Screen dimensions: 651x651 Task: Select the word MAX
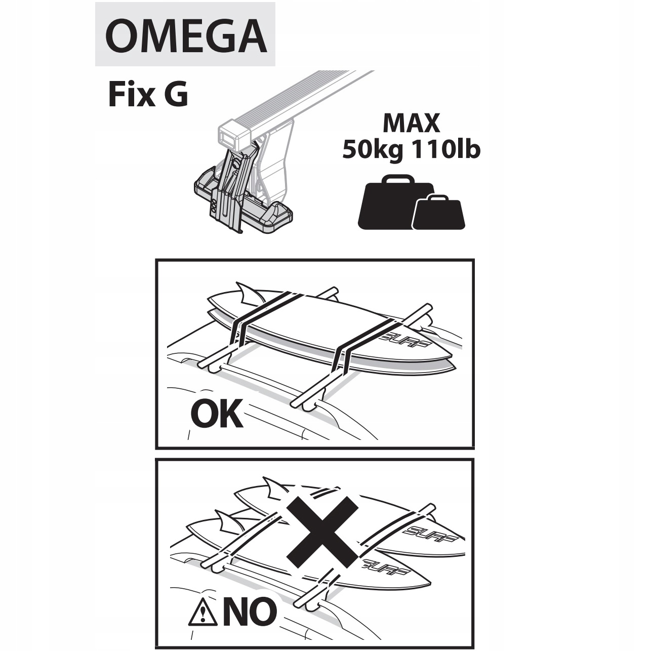(x=411, y=124)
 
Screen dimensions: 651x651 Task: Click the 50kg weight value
(x=374, y=150)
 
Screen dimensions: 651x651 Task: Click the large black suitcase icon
(x=390, y=202)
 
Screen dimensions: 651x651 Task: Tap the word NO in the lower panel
(x=250, y=612)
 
